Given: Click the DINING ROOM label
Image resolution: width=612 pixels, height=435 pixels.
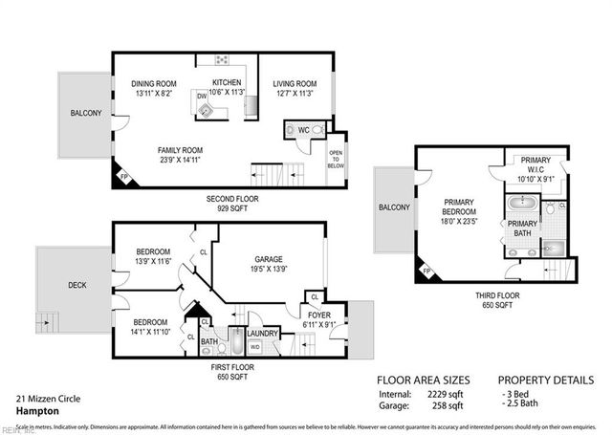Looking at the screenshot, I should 154,84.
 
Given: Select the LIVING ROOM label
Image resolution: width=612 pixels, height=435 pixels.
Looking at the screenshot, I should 295,84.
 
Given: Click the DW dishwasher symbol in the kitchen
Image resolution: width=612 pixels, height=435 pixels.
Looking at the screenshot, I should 203,97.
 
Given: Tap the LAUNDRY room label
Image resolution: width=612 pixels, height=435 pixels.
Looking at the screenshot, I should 263,334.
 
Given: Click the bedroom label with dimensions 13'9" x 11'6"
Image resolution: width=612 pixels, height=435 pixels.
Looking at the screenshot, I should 152,252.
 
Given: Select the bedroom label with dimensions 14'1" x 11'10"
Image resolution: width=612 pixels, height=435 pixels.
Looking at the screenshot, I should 152,322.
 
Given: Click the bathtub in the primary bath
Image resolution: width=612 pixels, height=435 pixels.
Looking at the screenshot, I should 523,204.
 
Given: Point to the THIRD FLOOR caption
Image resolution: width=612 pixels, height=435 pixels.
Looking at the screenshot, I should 497,295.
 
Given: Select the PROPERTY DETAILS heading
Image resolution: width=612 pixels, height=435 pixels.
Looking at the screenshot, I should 546,378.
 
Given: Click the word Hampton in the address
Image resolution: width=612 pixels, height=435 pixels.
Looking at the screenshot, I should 35,410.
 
